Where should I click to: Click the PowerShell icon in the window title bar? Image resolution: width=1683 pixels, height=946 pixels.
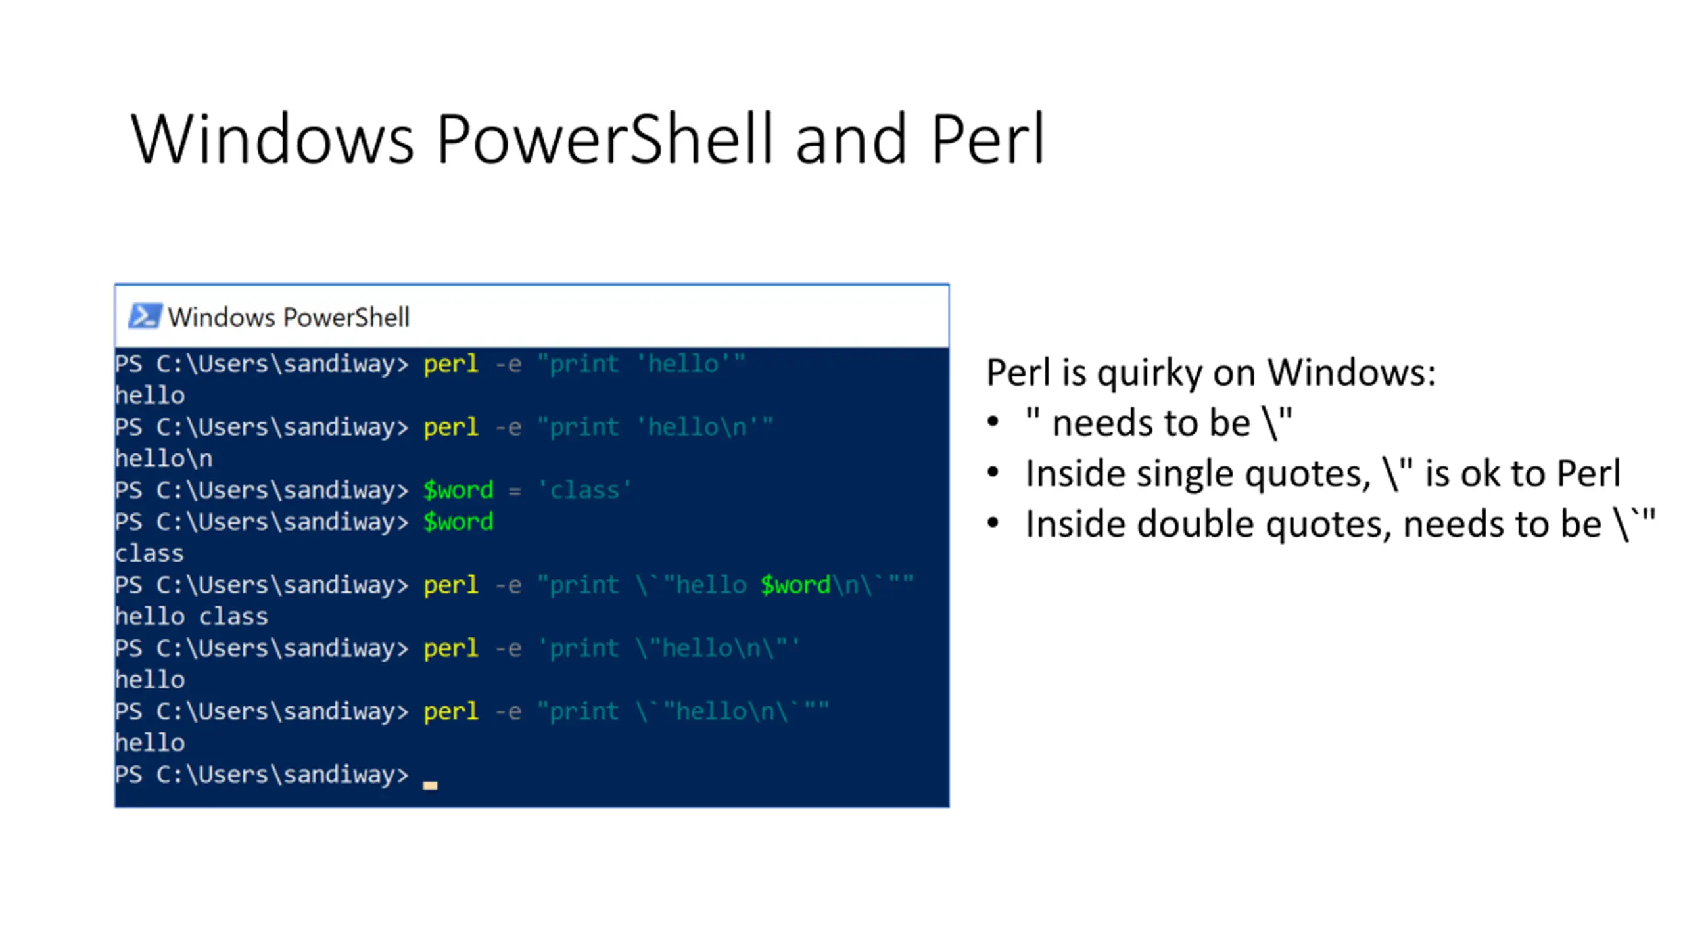click(x=144, y=316)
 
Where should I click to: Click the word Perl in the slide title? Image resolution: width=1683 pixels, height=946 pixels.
click(x=987, y=139)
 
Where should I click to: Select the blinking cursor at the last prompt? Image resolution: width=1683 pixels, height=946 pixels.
click(x=430, y=784)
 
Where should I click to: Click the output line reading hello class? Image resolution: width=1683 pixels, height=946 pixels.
click(x=191, y=617)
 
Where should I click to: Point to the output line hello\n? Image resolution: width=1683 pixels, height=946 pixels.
click(x=164, y=459)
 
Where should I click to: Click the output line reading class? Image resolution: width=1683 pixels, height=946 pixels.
click(x=149, y=554)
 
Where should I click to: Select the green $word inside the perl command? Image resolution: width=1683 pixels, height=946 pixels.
click(x=795, y=585)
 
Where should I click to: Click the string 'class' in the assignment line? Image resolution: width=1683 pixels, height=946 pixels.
click(x=584, y=490)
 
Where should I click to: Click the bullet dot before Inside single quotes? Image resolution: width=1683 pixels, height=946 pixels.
click(x=993, y=472)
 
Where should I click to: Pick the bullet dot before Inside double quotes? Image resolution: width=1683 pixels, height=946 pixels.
click(x=993, y=524)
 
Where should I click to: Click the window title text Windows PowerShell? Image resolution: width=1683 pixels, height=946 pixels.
click(x=289, y=317)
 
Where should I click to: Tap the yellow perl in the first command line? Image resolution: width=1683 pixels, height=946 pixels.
click(x=451, y=364)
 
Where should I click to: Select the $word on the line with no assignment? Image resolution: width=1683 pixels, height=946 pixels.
click(x=458, y=522)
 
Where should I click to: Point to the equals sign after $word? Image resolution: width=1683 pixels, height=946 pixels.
click(x=514, y=491)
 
